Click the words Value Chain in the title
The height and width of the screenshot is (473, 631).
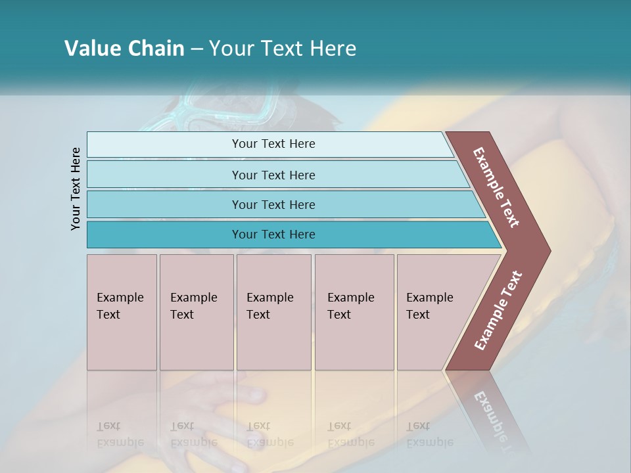coord(124,49)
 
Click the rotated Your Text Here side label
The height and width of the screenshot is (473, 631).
coord(76,189)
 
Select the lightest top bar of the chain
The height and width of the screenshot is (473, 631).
coord(273,144)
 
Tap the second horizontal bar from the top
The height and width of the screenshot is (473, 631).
coord(273,175)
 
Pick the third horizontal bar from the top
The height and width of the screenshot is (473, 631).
coord(273,204)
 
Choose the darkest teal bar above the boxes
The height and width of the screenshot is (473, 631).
coord(273,235)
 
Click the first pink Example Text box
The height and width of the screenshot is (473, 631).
coord(122,312)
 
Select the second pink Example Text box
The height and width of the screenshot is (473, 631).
coord(197,312)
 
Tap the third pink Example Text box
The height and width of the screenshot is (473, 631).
coord(273,312)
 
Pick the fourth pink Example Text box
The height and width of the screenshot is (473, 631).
coord(354,312)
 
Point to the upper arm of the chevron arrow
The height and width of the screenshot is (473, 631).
coord(497,187)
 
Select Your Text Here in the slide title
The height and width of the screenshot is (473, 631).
coord(283,49)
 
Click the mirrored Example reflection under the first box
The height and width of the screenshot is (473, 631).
coord(120,442)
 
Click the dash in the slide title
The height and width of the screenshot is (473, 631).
coord(197,49)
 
